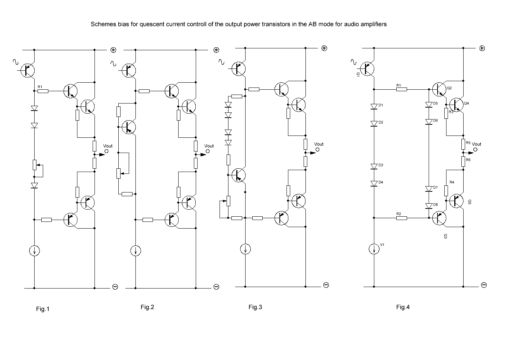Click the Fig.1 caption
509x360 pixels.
[x=42, y=309]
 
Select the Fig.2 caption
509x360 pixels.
[x=147, y=307]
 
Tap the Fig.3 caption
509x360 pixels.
[x=255, y=307]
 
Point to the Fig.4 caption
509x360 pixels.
[x=403, y=307]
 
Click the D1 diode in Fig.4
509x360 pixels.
[x=374, y=106]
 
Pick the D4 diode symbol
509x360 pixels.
[x=374, y=183]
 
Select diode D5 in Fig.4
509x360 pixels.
[x=429, y=105]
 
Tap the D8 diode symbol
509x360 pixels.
[x=429, y=206]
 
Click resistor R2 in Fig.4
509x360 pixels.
[x=401, y=219]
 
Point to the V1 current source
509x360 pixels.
[x=374, y=249]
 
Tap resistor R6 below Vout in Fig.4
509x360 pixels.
[x=463, y=161]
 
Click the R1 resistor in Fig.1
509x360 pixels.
[x=43, y=90]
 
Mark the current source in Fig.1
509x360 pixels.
[x=34, y=251]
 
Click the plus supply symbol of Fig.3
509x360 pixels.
[x=324, y=48]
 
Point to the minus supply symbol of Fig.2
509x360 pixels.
[x=216, y=287]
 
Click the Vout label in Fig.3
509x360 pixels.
[x=319, y=144]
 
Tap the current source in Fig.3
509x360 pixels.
[x=245, y=249]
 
